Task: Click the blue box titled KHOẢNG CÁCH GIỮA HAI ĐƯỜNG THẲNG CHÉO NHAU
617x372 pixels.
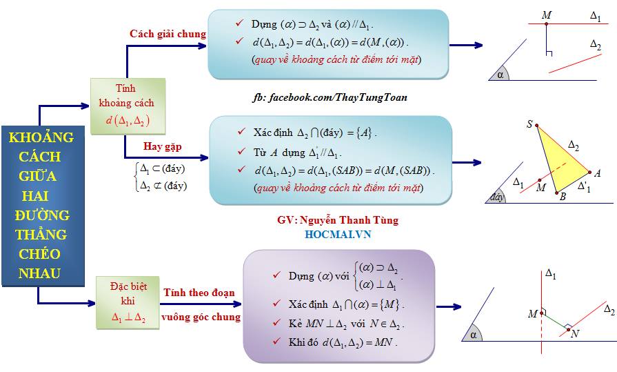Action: [43, 206]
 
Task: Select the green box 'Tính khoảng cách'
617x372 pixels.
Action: [128, 106]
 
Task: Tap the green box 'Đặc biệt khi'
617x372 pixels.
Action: [128, 303]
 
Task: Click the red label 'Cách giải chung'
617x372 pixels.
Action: [168, 35]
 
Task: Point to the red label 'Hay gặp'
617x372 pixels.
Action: [162, 146]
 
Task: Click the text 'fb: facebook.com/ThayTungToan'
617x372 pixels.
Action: [330, 97]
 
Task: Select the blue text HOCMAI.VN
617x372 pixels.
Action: [338, 235]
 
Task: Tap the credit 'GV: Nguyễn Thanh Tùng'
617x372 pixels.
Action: [338, 220]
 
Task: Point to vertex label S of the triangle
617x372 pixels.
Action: [529, 124]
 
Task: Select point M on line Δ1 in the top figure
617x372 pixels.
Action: [546, 24]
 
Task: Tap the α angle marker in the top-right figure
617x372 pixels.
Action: [500, 74]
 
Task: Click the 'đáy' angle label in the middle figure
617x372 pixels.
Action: [496, 197]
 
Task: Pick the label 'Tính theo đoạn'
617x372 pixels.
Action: [199, 293]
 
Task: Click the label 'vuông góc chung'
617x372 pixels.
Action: [201, 317]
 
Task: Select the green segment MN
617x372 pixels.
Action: [555, 321]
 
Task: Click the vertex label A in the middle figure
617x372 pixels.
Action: [597, 173]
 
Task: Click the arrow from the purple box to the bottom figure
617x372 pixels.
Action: [449, 306]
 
